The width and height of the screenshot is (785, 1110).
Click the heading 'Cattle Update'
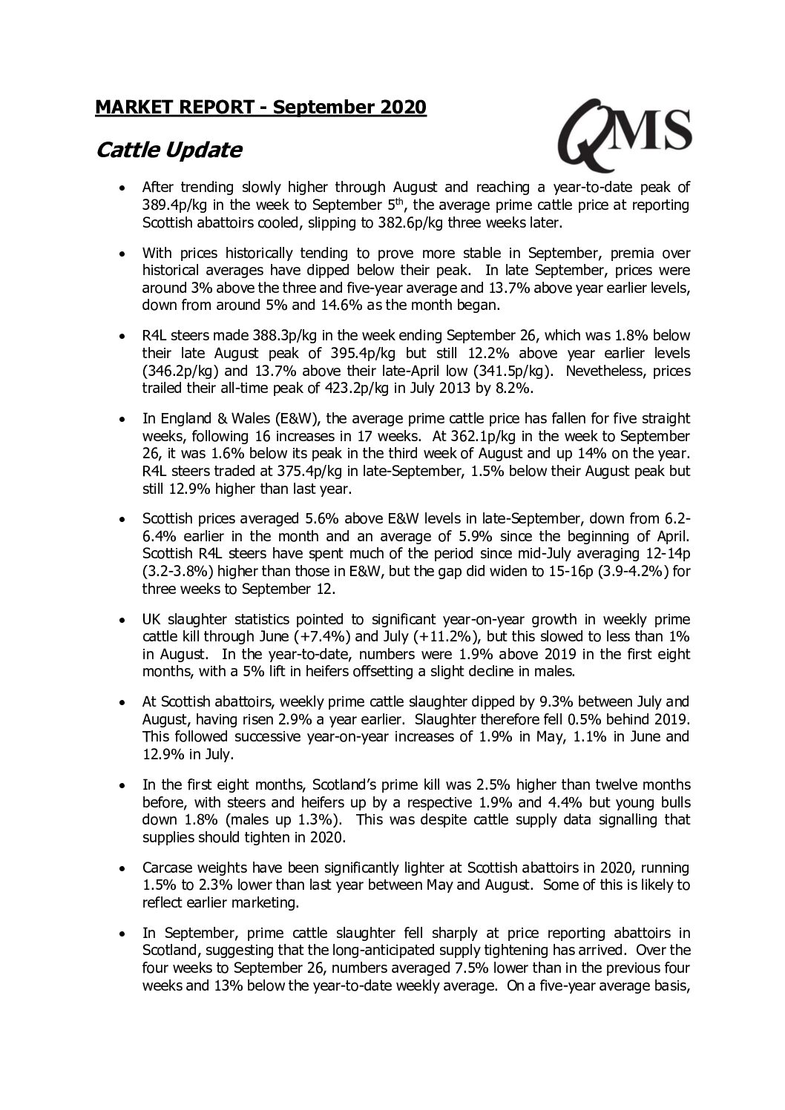[169, 151]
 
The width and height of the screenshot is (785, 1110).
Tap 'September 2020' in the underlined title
[349, 108]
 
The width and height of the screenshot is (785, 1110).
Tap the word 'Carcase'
[168, 868]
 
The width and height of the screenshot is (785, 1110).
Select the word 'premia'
[597, 252]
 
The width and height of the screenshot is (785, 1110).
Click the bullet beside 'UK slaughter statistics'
[124, 620]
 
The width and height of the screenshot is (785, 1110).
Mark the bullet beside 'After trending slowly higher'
[124, 188]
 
